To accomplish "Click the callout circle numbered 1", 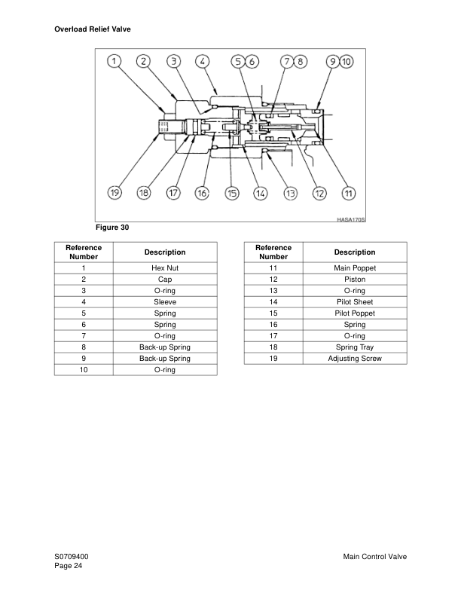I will click(114, 62).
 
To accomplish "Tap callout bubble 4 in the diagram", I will click(202, 62).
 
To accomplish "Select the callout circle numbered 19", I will click(114, 194).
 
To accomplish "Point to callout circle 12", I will click(319, 194).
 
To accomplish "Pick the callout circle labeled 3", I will click(172, 62).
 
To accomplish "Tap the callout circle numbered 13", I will click(290, 194).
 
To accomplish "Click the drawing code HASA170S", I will click(350, 219).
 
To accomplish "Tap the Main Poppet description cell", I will click(354, 267).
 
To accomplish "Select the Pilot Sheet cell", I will click(354, 301).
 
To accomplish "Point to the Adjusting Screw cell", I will click(354, 358).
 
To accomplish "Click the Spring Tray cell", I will click(354, 347).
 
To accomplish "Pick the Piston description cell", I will click(354, 279).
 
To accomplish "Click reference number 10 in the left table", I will click(84, 369).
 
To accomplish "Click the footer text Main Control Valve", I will click(374, 556).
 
